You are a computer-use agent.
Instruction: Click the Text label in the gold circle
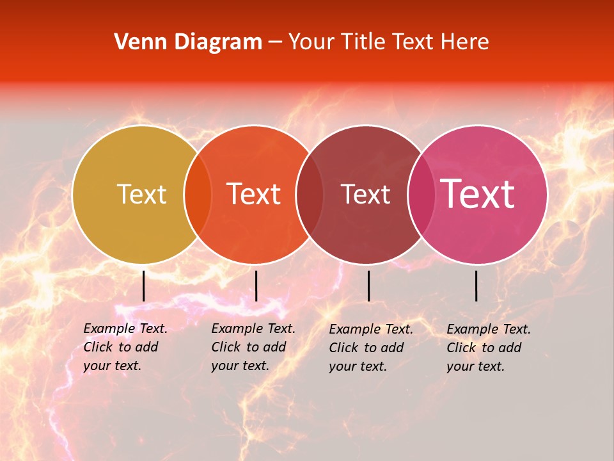point(141,194)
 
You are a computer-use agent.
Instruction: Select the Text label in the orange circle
point(254,194)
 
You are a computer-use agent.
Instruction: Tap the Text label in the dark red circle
point(365,194)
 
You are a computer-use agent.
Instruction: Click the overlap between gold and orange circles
point(198,194)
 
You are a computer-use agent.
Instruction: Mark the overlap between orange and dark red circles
point(310,194)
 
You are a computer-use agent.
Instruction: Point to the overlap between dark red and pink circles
point(420,194)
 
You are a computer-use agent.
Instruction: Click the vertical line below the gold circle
point(144,286)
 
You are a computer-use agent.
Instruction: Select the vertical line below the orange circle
point(256,286)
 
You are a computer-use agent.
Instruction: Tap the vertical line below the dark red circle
point(368,286)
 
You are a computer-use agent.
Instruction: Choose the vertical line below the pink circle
point(476,286)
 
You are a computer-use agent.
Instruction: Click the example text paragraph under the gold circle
point(125,347)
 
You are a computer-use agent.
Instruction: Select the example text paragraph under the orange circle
point(253,347)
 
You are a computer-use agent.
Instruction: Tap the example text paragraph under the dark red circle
point(371,348)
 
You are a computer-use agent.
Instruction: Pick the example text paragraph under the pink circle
point(489,348)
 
